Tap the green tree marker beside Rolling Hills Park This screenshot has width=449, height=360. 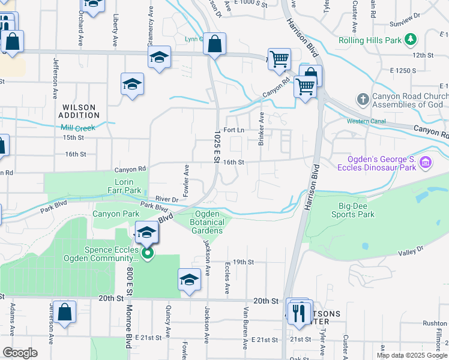411,40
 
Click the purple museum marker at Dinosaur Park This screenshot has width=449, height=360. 425,162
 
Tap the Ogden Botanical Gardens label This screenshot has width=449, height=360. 206,223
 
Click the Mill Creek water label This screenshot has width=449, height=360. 78,127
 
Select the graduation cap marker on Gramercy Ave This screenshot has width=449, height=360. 159,58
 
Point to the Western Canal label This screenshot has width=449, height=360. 365,122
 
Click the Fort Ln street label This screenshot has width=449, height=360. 234,130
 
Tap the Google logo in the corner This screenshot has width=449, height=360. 20,353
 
